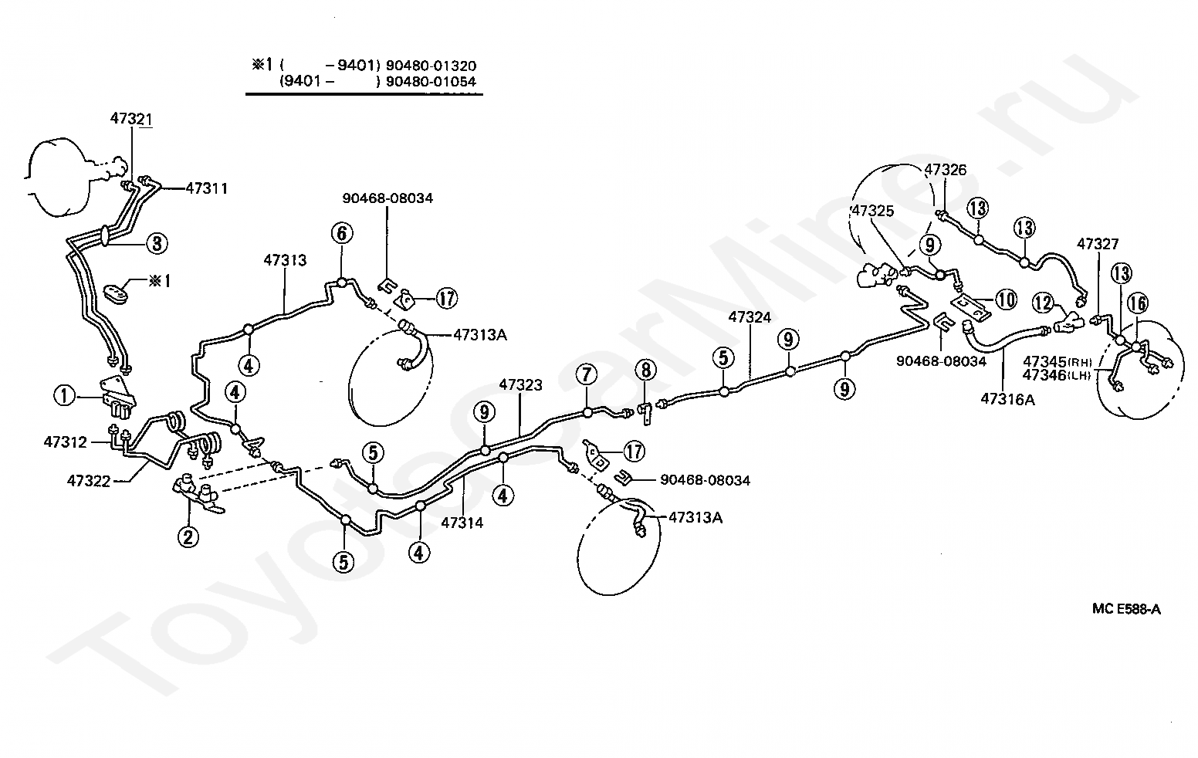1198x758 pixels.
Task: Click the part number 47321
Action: coord(131,118)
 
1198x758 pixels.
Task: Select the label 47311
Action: coord(206,188)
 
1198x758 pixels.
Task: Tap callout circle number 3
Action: coord(157,243)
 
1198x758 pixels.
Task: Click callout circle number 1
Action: coord(64,397)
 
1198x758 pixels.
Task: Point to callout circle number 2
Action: coord(188,537)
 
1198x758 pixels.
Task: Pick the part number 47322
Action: coord(88,481)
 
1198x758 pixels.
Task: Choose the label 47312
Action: coord(66,442)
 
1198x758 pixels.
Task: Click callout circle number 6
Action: coord(342,233)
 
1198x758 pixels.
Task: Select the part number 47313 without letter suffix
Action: coord(285,260)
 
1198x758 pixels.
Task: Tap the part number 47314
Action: coord(462,523)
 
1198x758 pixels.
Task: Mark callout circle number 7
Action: coord(587,374)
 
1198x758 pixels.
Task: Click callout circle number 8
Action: coord(645,370)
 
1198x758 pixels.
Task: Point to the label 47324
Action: coord(750,317)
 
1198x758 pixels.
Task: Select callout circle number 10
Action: coord(1006,299)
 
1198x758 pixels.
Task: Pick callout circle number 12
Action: coord(1043,303)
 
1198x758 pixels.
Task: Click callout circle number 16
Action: coord(1138,304)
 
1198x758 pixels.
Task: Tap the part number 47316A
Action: coord(1007,400)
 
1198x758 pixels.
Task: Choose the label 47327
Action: coord(1098,244)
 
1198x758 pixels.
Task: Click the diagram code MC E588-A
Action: coord(1126,609)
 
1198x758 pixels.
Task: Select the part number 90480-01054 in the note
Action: coord(431,82)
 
